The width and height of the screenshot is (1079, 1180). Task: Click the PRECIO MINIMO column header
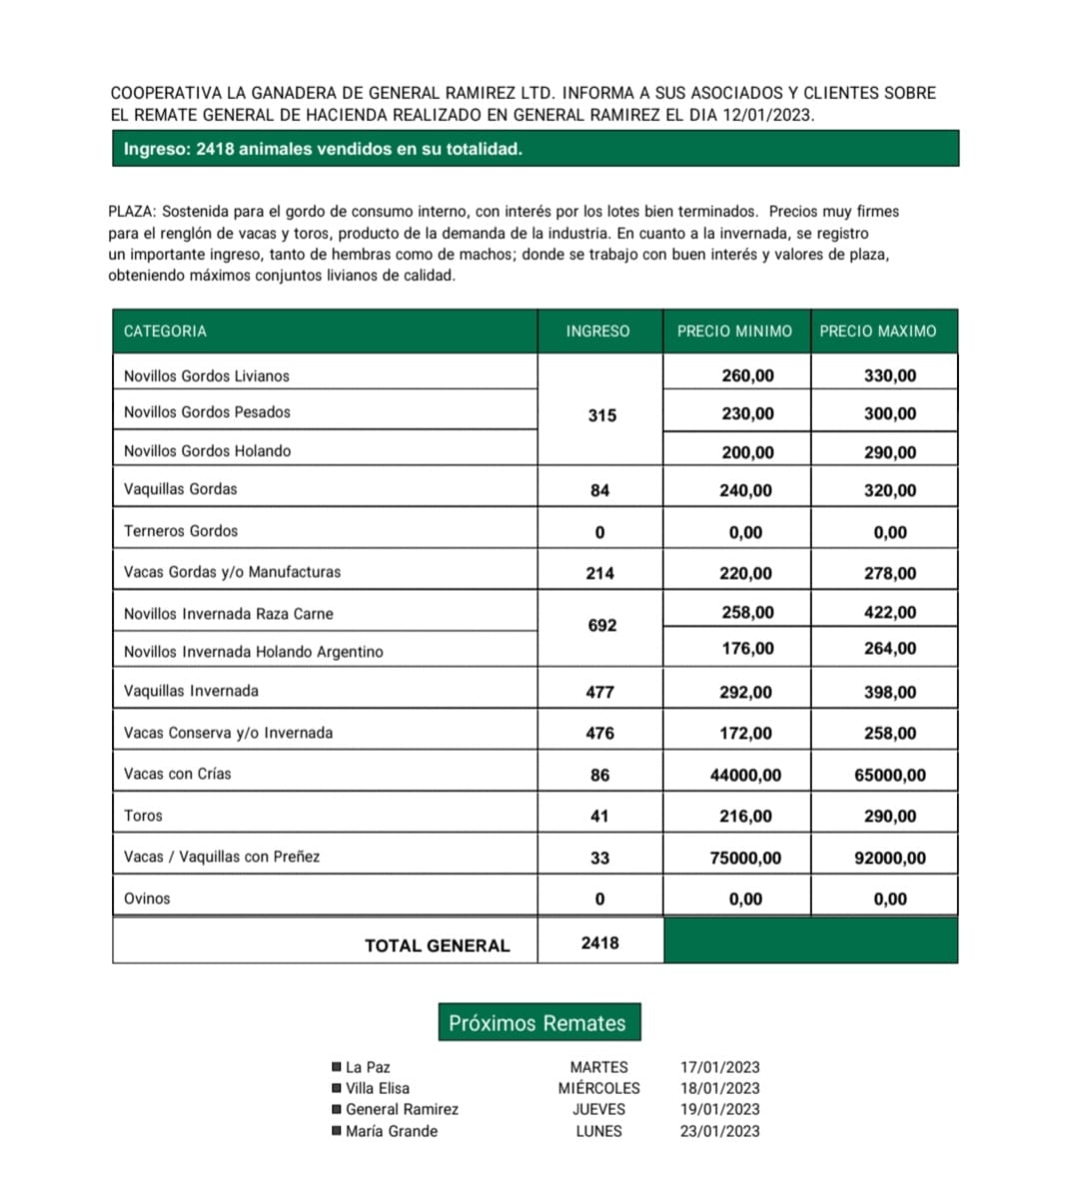click(x=734, y=331)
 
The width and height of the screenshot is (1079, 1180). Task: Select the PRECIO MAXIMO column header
click(x=878, y=331)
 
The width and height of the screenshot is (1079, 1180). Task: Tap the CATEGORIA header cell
click(x=165, y=331)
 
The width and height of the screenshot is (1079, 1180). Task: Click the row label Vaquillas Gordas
click(x=181, y=489)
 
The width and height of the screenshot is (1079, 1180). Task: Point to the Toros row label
click(x=143, y=816)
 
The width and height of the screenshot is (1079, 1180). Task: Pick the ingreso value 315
click(x=601, y=415)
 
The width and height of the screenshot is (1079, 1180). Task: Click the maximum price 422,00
click(x=889, y=613)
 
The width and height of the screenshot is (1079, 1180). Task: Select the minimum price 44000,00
click(x=745, y=775)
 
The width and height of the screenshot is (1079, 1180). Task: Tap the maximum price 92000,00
click(x=889, y=858)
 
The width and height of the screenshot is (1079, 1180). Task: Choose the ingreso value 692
click(x=601, y=626)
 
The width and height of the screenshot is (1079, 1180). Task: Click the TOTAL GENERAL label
click(x=437, y=945)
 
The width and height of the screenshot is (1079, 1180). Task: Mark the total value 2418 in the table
click(x=599, y=942)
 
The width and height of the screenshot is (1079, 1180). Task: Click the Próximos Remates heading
click(x=538, y=1023)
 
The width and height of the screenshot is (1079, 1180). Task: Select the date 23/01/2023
click(x=719, y=1131)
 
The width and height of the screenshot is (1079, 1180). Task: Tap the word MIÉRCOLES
click(x=598, y=1088)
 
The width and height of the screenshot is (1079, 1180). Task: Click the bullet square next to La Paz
click(x=337, y=1067)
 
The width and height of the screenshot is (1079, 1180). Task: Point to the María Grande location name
click(x=392, y=1131)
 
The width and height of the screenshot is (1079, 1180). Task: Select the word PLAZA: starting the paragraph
click(x=132, y=212)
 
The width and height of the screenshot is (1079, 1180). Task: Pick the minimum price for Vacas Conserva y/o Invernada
click(x=745, y=734)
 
